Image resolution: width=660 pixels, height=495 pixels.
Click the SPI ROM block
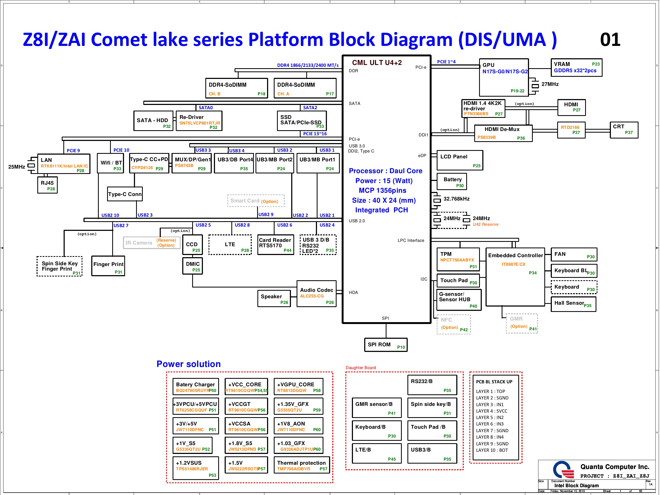click(385, 345)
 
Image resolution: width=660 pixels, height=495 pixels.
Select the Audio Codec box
click(316, 294)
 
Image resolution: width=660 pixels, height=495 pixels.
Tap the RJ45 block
click(48, 185)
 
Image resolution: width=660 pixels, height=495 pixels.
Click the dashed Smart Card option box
click(256, 201)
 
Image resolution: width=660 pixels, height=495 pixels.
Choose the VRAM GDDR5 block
click(576, 67)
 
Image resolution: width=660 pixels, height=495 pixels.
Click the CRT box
click(624, 130)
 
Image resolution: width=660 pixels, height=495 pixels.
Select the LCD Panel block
click(460, 160)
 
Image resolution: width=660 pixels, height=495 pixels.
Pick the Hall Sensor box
click(573, 304)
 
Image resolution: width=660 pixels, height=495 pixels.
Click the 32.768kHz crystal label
click(456, 199)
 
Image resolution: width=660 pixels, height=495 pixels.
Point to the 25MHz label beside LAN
click(17, 167)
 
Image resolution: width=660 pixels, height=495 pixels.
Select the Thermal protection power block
click(302, 465)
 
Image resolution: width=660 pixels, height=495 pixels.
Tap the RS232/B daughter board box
click(432, 385)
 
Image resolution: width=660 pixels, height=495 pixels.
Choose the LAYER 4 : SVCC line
click(491, 411)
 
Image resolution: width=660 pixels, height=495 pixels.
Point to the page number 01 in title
click(610, 40)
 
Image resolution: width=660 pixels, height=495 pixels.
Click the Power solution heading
click(189, 364)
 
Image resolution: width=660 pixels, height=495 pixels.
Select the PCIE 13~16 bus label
click(315, 134)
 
